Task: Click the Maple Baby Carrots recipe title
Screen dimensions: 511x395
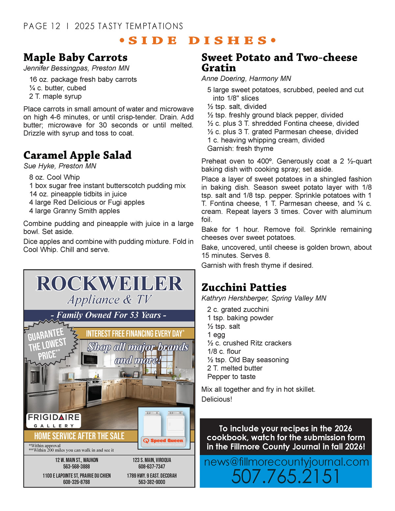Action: click(x=75, y=58)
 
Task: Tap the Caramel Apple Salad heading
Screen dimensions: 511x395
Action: click(x=77, y=155)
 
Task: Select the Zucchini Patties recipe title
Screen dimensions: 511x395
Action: click(x=244, y=288)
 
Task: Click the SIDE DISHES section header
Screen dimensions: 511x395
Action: click(x=197, y=40)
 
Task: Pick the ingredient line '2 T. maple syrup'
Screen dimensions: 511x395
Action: click(x=55, y=96)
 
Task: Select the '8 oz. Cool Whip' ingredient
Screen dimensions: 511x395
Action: click(x=54, y=177)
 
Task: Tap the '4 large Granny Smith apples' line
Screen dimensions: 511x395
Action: click(x=74, y=211)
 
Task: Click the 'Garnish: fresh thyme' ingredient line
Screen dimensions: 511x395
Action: click(x=240, y=149)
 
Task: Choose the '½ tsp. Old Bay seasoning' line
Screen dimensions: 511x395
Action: click(x=248, y=360)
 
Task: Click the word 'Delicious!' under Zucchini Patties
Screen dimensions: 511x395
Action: click(x=217, y=399)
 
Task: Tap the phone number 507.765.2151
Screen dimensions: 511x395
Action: click(x=285, y=477)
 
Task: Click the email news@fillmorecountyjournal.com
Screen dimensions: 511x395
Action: click(x=286, y=462)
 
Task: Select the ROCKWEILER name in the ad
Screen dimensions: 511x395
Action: click(x=109, y=284)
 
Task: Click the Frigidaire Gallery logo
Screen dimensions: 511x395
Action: click(x=54, y=421)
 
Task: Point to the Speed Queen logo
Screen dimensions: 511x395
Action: click(x=164, y=441)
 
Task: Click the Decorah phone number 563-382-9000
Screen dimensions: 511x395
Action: click(x=152, y=482)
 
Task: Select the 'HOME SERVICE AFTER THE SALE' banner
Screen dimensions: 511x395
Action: click(x=79, y=436)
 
